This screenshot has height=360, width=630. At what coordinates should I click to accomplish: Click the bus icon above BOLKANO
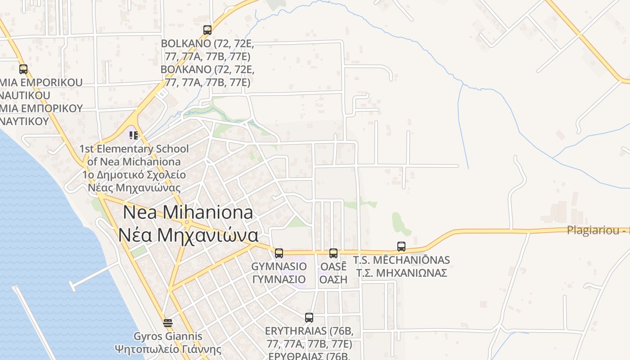[x=207, y=30]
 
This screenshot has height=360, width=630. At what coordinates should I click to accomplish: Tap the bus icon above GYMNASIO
[x=279, y=253]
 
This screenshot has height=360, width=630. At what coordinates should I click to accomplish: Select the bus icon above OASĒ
[x=333, y=253]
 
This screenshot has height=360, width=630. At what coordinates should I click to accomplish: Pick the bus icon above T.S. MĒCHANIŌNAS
[x=401, y=247]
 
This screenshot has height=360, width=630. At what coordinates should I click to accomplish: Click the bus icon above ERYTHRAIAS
[x=309, y=317]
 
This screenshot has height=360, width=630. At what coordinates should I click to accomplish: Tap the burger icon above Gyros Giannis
[x=168, y=323]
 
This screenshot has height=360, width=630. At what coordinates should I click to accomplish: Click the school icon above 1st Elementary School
[x=133, y=135]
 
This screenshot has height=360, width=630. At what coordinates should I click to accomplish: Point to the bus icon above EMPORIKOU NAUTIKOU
[x=23, y=69]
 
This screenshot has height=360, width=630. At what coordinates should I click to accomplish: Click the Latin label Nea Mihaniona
[x=188, y=212]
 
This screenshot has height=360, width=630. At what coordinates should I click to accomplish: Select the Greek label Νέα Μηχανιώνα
[x=189, y=235]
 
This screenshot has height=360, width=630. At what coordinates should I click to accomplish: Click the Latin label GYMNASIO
[x=279, y=266]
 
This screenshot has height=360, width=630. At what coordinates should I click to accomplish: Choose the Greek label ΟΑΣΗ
[x=333, y=279]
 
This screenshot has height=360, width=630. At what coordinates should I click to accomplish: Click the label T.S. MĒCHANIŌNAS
[x=401, y=260]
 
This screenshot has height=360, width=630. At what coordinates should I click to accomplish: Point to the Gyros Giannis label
[x=168, y=336]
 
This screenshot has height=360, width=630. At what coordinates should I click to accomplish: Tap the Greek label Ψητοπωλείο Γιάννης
[x=168, y=349]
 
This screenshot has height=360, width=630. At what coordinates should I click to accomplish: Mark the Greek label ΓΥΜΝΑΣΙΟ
[x=279, y=279]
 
